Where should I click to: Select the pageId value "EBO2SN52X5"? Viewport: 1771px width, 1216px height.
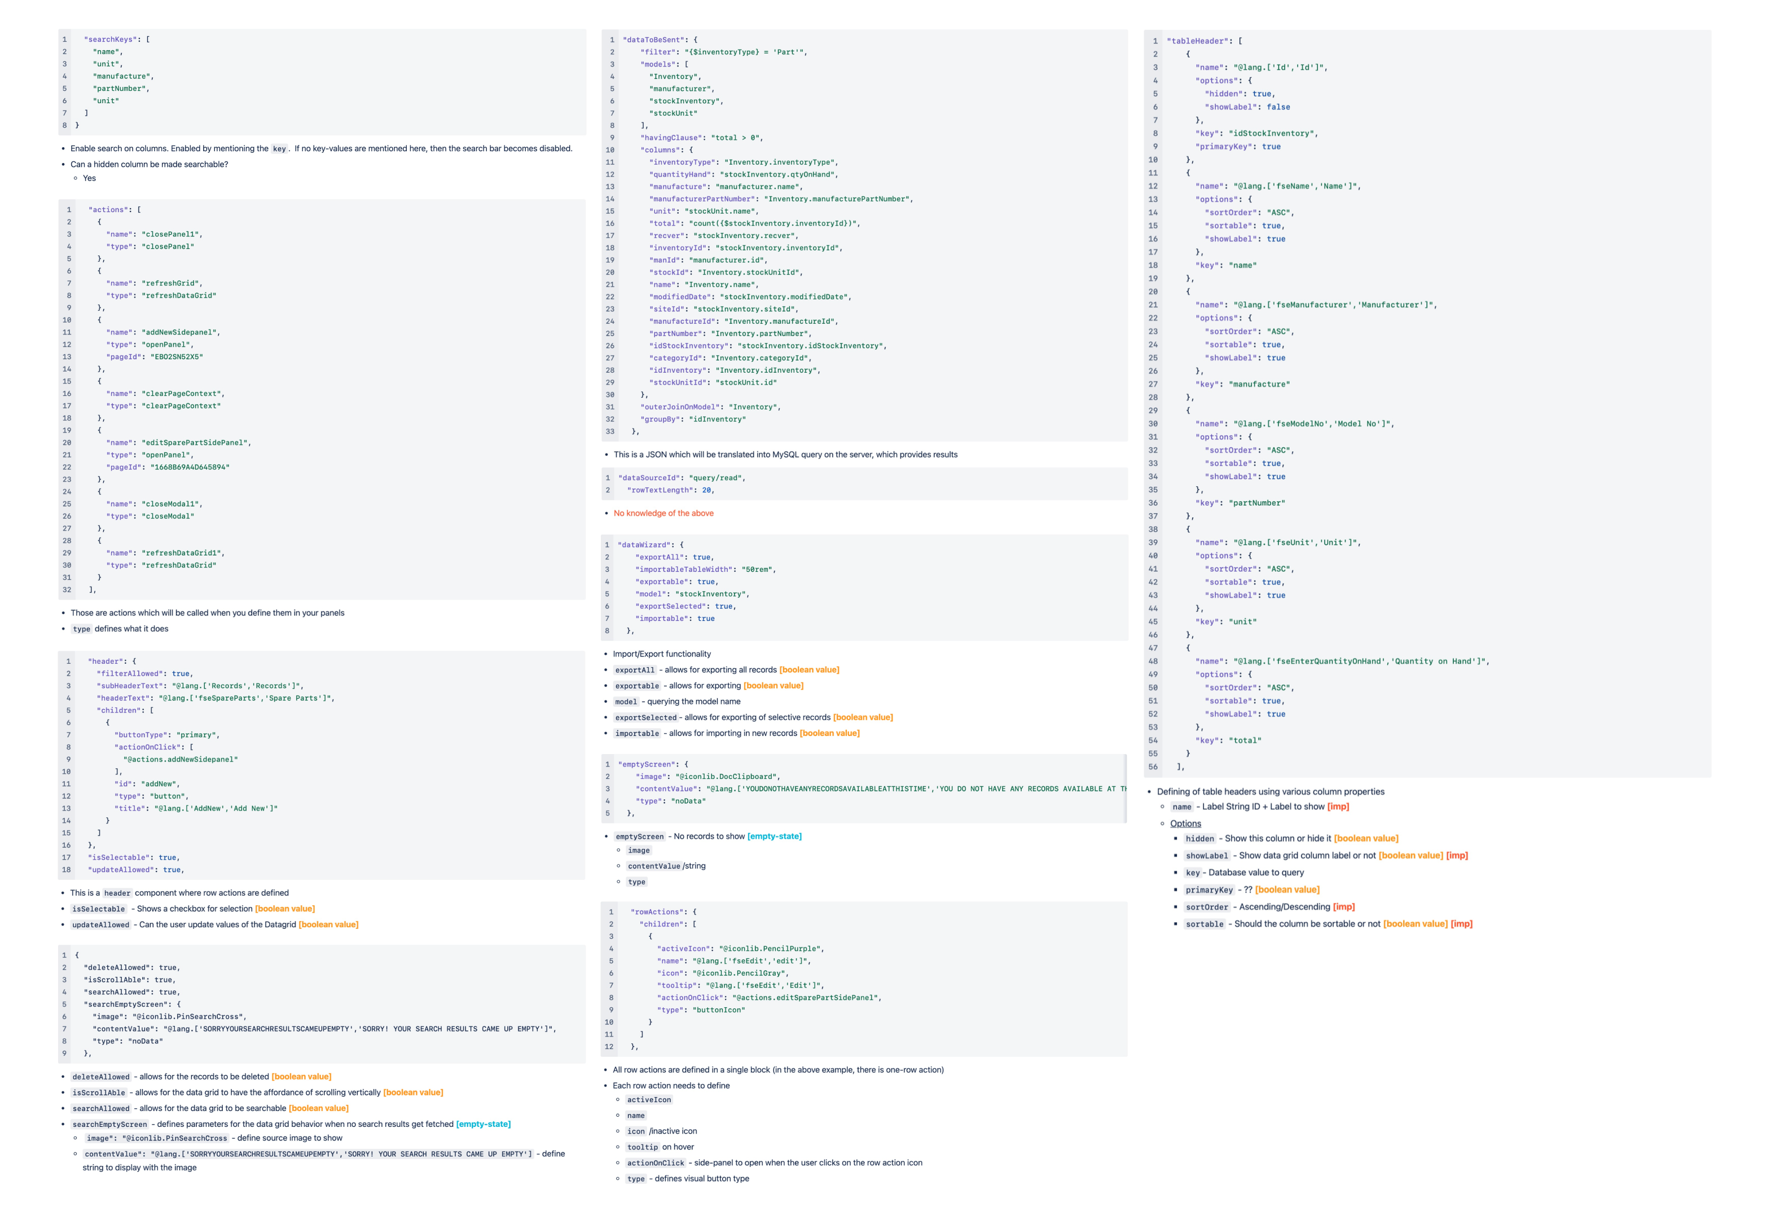coord(177,356)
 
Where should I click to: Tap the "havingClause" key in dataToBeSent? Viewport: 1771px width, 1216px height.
coord(671,138)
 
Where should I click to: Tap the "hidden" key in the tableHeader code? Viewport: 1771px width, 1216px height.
coord(1223,94)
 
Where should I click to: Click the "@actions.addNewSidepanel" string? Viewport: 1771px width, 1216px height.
coord(180,760)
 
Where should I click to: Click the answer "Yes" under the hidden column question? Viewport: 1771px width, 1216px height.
coord(89,178)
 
